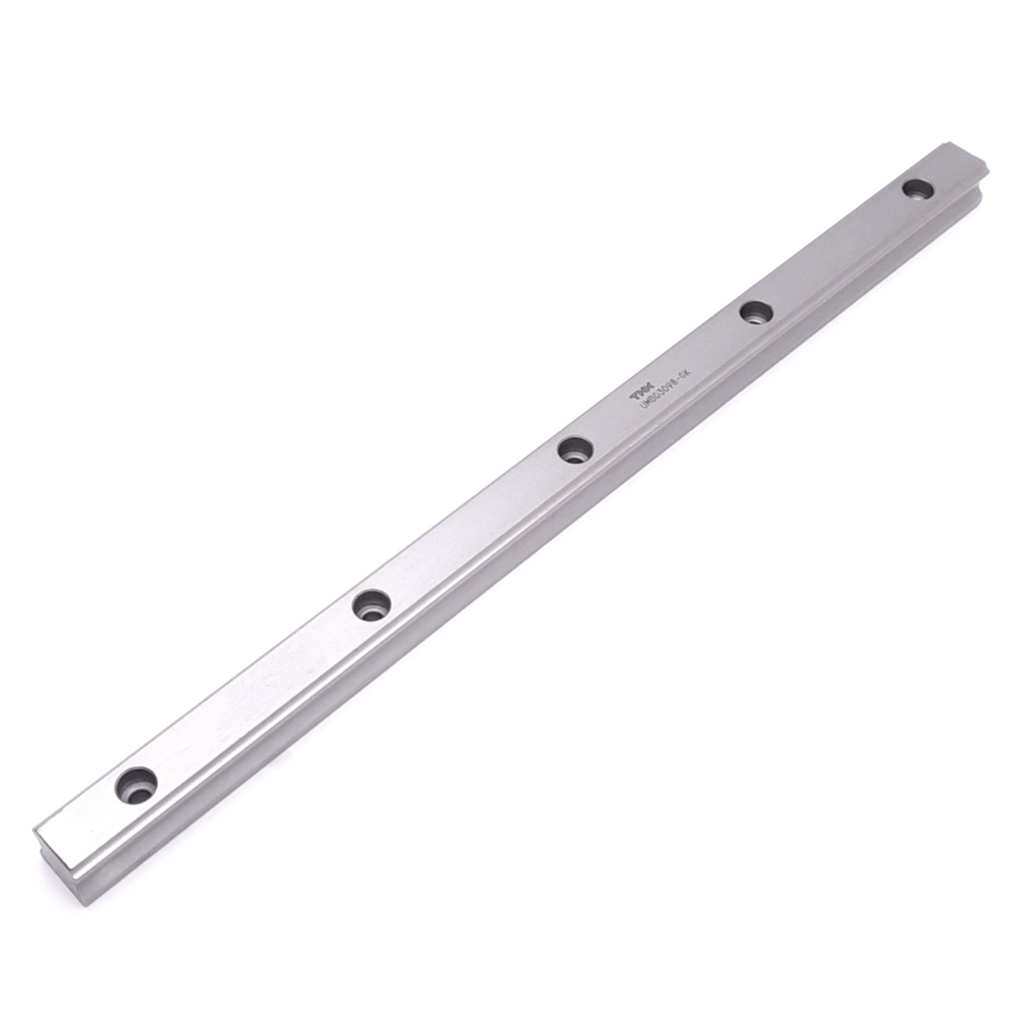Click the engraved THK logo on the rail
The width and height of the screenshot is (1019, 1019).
click(x=637, y=396)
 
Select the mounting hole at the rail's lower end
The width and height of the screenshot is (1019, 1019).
click(x=137, y=783)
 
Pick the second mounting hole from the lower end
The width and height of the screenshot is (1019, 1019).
click(x=372, y=605)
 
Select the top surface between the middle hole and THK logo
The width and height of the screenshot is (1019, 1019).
click(x=606, y=423)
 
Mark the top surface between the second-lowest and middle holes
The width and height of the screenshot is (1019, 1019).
click(x=472, y=527)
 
